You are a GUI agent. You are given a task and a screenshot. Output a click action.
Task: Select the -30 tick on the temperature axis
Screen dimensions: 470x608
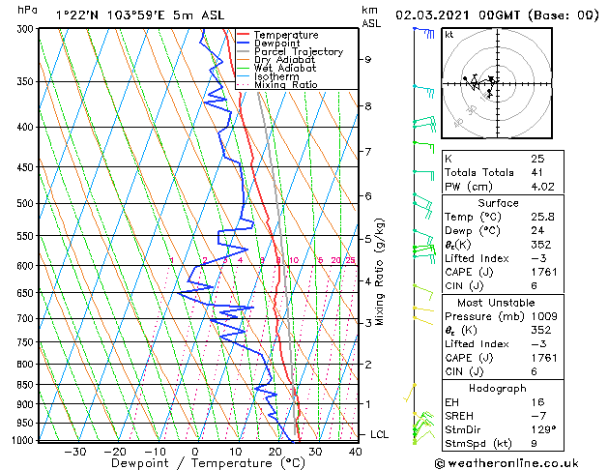[75, 451]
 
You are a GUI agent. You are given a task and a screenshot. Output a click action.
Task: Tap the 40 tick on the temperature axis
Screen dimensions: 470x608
[356, 451]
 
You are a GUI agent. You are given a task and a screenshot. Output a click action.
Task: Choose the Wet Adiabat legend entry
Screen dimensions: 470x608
[284, 68]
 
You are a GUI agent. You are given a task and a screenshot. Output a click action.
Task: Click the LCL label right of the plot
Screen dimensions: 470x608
[379, 435]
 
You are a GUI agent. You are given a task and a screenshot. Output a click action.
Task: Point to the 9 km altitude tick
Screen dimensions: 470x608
[368, 59]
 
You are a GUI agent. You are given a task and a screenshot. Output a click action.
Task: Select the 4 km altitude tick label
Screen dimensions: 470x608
[368, 281]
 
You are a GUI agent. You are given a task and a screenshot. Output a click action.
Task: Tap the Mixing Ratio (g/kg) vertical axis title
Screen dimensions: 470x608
[381, 272]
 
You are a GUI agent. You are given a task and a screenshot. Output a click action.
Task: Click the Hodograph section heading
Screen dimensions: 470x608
[497, 388]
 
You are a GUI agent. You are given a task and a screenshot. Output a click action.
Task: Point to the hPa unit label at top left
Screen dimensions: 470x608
[28, 10]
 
